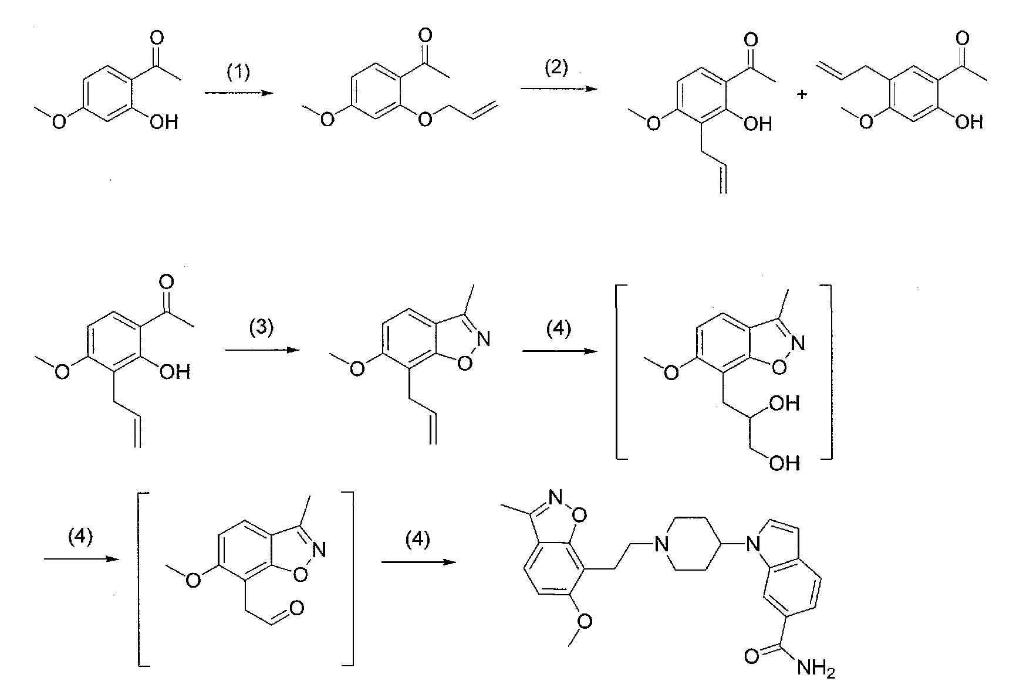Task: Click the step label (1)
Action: [x=238, y=73]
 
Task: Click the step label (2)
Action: [x=556, y=69]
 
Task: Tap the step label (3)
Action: [x=261, y=328]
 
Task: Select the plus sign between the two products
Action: [x=802, y=94]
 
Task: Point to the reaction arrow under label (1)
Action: [x=239, y=93]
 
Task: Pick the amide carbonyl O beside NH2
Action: [x=752, y=655]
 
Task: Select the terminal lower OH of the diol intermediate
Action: [x=785, y=464]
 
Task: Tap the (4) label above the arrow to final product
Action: [x=418, y=540]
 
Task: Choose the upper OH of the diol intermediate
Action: [x=785, y=403]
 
